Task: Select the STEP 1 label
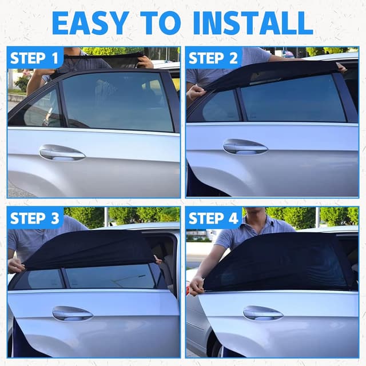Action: pyautogui.click(x=34, y=58)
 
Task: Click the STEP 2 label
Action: pyautogui.click(x=213, y=58)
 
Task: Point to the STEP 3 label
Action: pyautogui.click(x=34, y=218)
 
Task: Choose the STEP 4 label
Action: pyautogui.click(x=213, y=218)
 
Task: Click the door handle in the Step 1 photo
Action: pyautogui.click(x=62, y=153)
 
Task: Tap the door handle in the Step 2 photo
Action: pyautogui.click(x=245, y=147)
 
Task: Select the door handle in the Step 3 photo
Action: pyautogui.click(x=73, y=313)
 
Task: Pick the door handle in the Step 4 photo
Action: pyautogui.click(x=263, y=313)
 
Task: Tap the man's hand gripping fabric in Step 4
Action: pyautogui.click(x=196, y=286)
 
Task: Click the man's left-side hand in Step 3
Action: pyautogui.click(x=16, y=265)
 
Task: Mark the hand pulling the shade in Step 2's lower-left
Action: pyautogui.click(x=196, y=93)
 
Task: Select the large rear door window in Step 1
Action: pyautogui.click(x=118, y=102)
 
